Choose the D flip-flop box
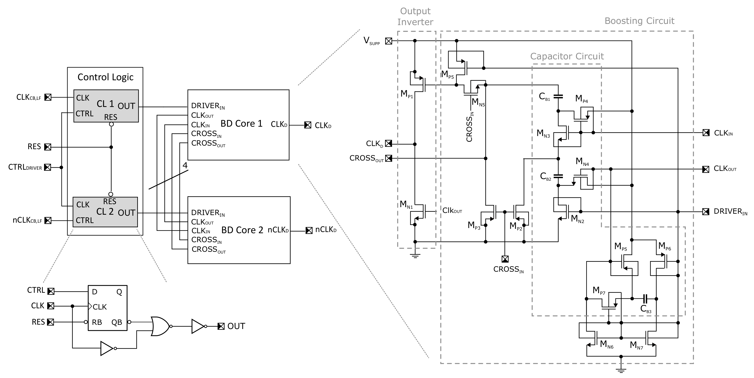[108, 308]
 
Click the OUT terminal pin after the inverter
[221, 326]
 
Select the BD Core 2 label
[242, 230]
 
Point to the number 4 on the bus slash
[185, 165]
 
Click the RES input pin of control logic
[48, 147]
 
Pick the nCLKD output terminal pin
[309, 231]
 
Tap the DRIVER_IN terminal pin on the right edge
[706, 212]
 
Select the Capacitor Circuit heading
[567, 56]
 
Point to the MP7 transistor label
[599, 290]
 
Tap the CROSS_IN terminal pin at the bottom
[505, 259]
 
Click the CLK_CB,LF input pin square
[48, 97]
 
